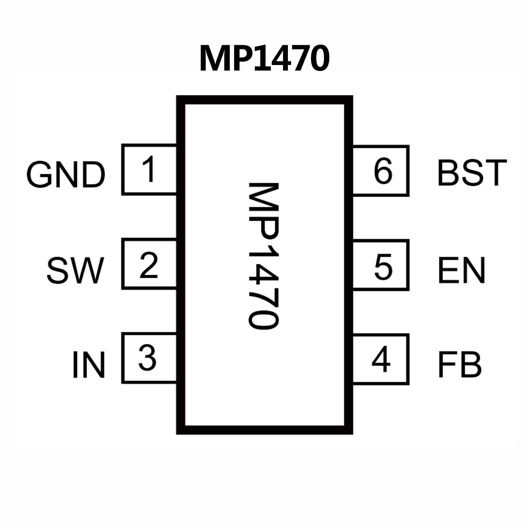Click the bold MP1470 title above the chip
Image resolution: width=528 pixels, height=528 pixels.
[x=264, y=58]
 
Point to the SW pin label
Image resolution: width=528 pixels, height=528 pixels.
[x=75, y=271]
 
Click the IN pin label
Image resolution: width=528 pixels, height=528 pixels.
[x=88, y=365]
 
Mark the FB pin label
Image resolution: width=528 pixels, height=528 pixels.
[x=459, y=365]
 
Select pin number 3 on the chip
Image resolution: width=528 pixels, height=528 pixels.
[x=147, y=358]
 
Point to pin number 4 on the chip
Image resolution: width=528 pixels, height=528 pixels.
[x=381, y=359]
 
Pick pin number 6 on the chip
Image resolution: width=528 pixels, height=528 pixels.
[x=382, y=171]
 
